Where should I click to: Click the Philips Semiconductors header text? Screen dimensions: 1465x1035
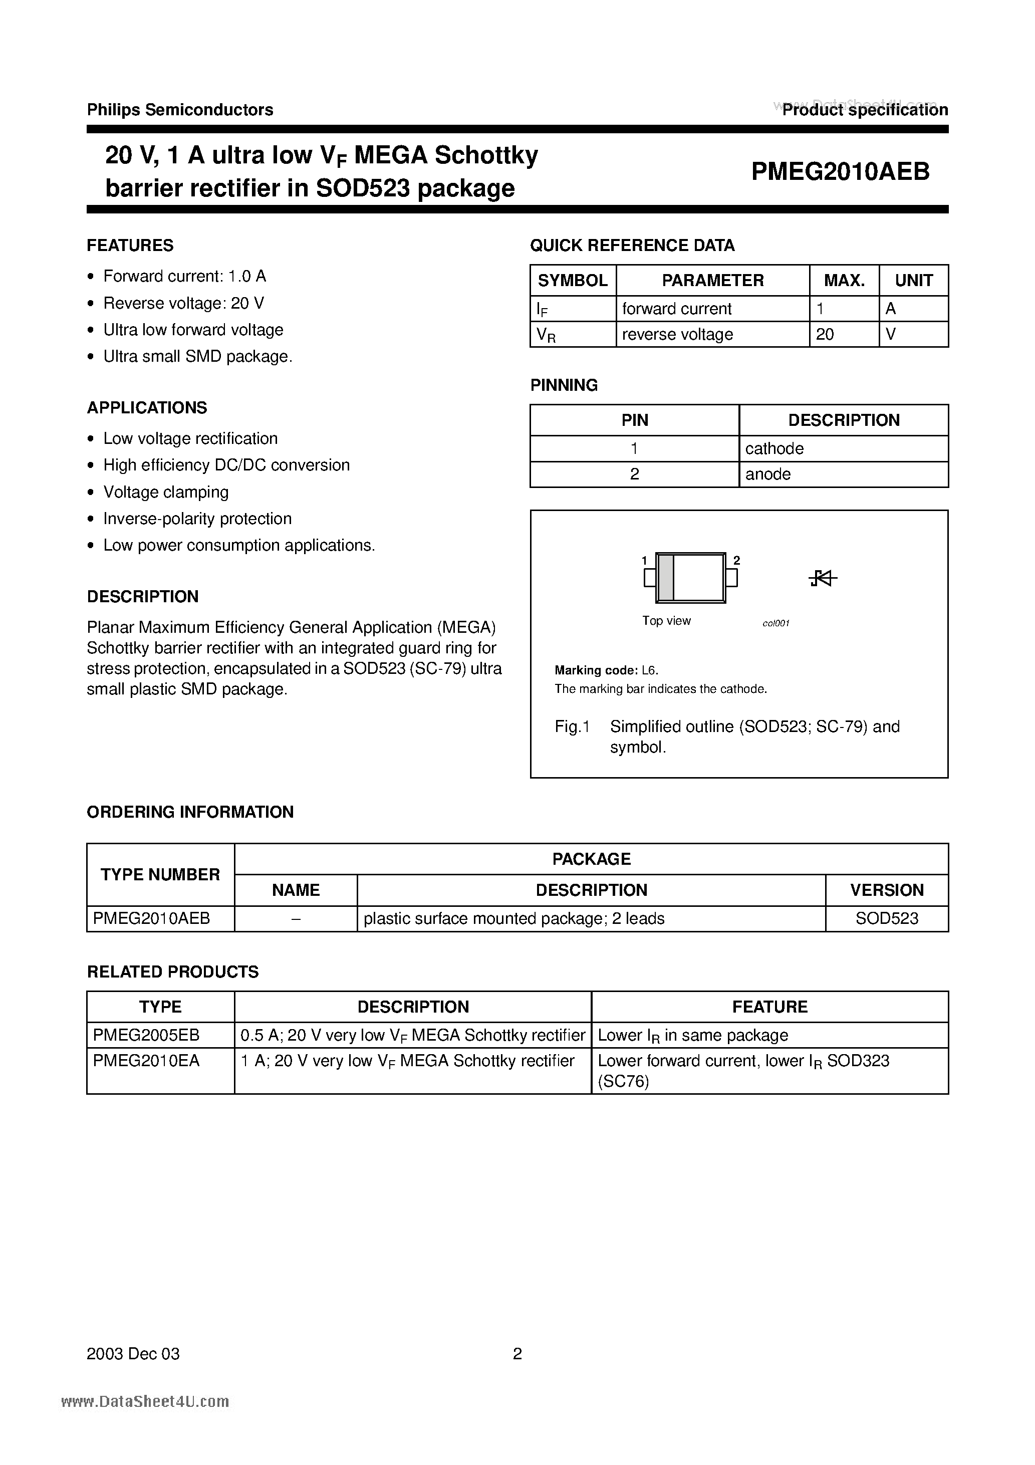pyautogui.click(x=180, y=110)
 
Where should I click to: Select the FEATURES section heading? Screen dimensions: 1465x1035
pyautogui.click(x=130, y=245)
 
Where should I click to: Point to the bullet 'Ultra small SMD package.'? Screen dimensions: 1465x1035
pyautogui.click(x=198, y=357)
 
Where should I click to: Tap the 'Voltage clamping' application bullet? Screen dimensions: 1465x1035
pyautogui.click(x=166, y=492)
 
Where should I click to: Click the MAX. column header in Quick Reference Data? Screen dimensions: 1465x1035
pyautogui.click(x=844, y=280)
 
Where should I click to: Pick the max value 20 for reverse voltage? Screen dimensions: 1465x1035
pyautogui.click(x=825, y=334)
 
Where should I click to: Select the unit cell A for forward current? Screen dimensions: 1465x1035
pyautogui.click(x=891, y=309)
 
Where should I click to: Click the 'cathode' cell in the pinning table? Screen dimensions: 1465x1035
pyautogui.click(x=774, y=448)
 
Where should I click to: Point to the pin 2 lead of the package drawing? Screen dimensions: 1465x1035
pyautogui.click(x=732, y=578)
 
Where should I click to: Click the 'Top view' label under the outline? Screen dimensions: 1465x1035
pyautogui.click(x=666, y=621)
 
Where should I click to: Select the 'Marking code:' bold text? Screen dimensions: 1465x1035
pyautogui.click(x=595, y=670)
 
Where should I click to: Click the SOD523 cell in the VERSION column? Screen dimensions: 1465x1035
pyautogui.click(x=886, y=918)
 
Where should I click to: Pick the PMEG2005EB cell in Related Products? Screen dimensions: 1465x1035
pyautogui.click(x=146, y=1035)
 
